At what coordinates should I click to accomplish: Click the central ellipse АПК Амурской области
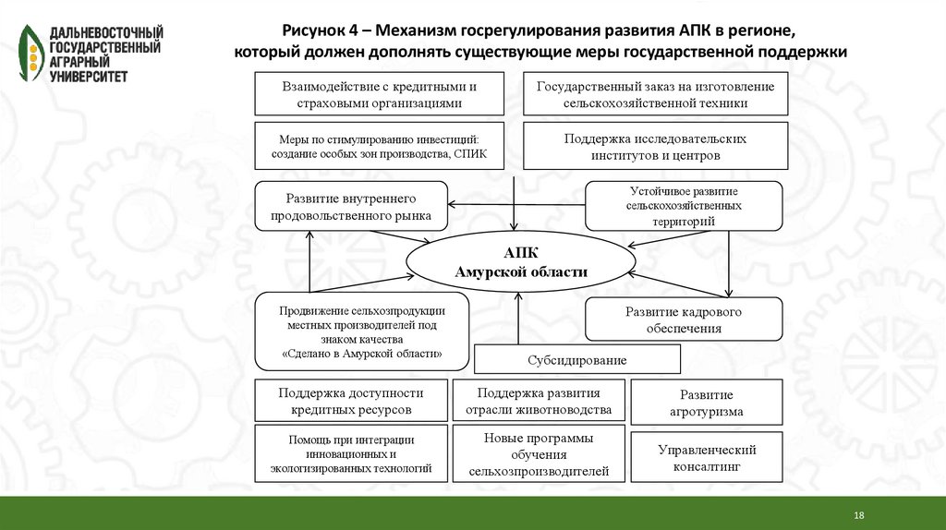[519, 263]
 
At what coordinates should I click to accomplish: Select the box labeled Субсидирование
[577, 359]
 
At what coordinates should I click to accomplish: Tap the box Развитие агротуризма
[707, 403]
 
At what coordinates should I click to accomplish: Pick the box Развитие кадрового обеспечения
[684, 319]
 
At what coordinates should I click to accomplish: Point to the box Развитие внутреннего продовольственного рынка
[351, 208]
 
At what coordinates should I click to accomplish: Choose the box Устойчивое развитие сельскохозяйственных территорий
[684, 206]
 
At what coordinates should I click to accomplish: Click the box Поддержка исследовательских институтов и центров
[656, 147]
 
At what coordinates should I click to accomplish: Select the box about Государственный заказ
[656, 94]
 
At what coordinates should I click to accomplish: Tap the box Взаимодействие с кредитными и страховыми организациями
[380, 94]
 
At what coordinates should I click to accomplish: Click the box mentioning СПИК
[380, 146]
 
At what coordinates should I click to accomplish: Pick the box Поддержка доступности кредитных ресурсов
[351, 400]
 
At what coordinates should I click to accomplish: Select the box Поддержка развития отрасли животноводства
[539, 400]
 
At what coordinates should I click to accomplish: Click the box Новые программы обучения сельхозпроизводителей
[539, 454]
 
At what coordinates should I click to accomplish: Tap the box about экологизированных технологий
[351, 454]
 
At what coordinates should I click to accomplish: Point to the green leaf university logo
[30, 52]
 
